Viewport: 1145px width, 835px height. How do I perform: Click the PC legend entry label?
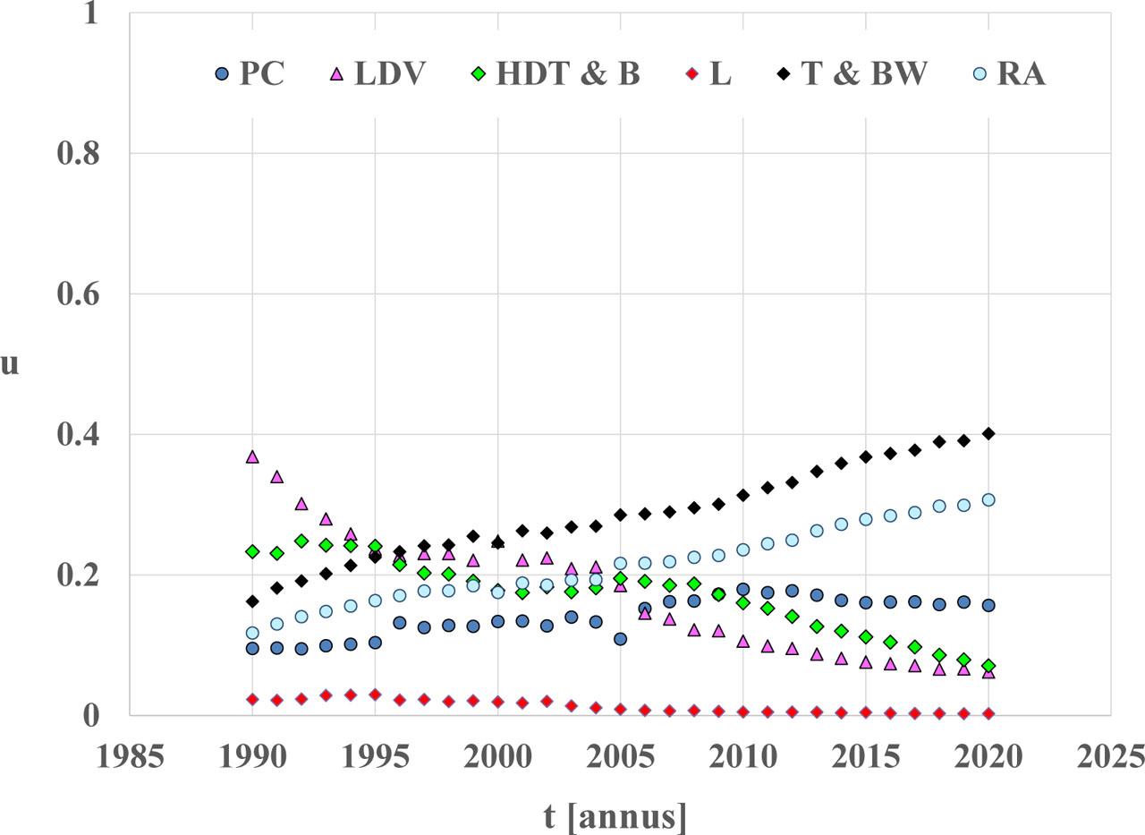pyautogui.click(x=261, y=73)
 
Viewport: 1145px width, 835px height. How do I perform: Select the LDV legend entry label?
pyautogui.click(x=389, y=73)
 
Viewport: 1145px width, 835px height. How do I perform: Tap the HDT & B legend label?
pyautogui.click(x=568, y=73)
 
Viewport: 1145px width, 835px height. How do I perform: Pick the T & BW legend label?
pyautogui.click(x=864, y=73)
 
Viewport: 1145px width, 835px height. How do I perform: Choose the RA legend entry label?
pyautogui.click(x=1021, y=73)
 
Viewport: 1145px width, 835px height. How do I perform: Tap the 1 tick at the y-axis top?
pyautogui.click(x=89, y=14)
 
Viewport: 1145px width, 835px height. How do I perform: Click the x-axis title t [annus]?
pyautogui.click(x=616, y=815)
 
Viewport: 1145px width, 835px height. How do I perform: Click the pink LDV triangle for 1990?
pyautogui.click(x=252, y=456)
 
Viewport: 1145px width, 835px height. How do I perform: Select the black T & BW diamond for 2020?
pyautogui.click(x=988, y=434)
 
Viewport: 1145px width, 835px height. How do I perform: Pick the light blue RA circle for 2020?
pyautogui.click(x=988, y=499)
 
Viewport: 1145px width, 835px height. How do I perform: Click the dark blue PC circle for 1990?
pyautogui.click(x=252, y=648)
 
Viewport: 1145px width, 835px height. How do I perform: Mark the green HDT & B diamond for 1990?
pyautogui.click(x=252, y=552)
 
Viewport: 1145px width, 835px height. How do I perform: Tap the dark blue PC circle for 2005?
pyautogui.click(x=620, y=639)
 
